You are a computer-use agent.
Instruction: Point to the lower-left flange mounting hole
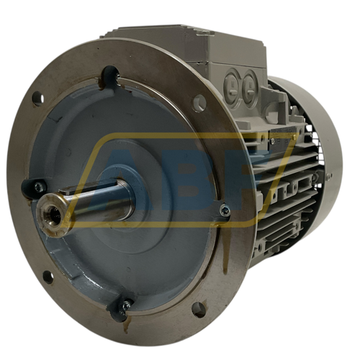pos(49,274)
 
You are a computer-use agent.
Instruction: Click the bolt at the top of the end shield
pos(117,76)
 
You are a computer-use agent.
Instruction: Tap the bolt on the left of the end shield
pos(37,187)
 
